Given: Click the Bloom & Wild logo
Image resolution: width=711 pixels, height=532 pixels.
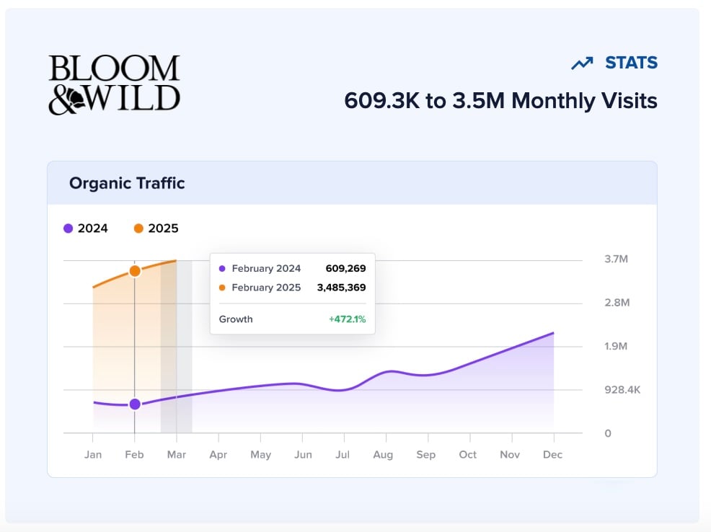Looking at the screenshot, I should coord(114,84).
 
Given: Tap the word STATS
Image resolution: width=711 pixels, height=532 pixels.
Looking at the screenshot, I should coord(631,63).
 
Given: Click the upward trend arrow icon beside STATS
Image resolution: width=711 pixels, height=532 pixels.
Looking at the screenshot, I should coord(582,63).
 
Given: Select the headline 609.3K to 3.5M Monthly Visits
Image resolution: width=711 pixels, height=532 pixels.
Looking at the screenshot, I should coord(500,100).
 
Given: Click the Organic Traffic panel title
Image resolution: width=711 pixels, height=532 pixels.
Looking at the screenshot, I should coord(127,183).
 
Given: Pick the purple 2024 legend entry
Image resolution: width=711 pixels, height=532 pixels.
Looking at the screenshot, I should coord(86,229).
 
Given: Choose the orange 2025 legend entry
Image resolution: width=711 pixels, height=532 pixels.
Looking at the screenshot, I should coord(156,229).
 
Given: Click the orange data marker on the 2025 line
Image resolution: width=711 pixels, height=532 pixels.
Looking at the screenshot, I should coord(135,271).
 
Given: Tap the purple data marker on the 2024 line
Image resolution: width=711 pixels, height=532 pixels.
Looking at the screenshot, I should coord(135,404).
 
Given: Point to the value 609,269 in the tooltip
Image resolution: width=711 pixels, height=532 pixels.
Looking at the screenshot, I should coord(345,269).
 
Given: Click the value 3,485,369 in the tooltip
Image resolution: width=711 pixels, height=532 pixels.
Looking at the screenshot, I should coord(341,288).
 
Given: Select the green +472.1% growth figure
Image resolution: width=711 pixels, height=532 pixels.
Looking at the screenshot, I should coord(347,319).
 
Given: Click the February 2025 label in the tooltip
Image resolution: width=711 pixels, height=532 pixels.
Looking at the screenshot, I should coord(266,288).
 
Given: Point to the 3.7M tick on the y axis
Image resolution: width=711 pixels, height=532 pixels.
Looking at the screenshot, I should coord(616,260).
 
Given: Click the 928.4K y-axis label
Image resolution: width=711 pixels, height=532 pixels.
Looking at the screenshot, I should coord(622,390).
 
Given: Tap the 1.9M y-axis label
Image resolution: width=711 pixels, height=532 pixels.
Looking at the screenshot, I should coord(616,347).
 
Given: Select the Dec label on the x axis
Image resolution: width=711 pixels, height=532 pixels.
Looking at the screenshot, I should coord(553,455).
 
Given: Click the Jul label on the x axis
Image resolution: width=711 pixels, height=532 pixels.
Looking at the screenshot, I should coord(343,455).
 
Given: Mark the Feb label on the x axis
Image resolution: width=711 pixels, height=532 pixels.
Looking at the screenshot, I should coord(135,455).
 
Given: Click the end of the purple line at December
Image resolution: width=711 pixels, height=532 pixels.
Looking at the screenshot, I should coord(553,333).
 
